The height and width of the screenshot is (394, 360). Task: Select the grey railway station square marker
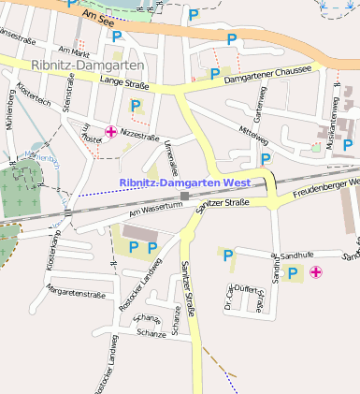pyautogui.click(x=185, y=197)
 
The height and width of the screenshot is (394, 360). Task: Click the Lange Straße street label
pyautogui.click(x=126, y=85)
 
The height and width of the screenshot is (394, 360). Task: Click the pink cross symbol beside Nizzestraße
pyautogui.click(x=111, y=132)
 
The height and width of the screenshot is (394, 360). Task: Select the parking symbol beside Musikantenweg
pyautogui.click(x=348, y=145)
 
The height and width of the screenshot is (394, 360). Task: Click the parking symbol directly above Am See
pyautogui.click(x=194, y=14)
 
